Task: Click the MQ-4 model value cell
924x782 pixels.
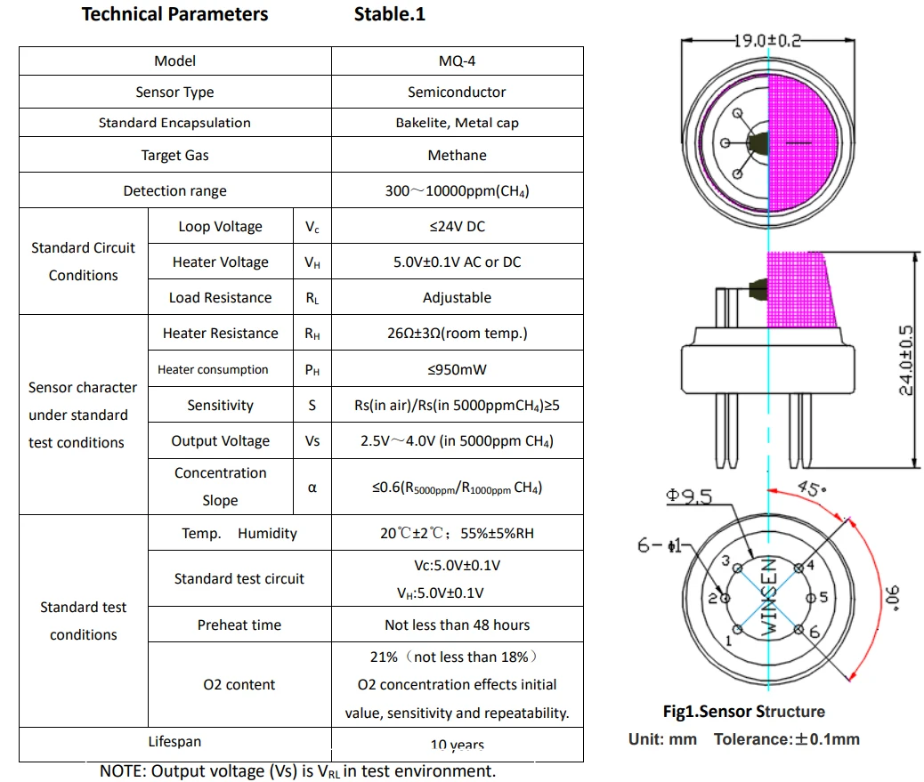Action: (457, 61)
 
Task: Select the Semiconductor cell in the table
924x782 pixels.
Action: (457, 93)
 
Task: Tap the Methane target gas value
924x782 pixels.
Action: (457, 155)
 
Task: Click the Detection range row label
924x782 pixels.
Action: (174, 191)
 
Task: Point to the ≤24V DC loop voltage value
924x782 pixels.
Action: (457, 227)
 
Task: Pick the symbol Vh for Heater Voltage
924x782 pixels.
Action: (312, 262)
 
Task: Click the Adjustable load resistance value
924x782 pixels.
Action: (457, 298)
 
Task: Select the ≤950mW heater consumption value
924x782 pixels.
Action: (457, 369)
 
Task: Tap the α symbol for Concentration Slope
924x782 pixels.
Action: (312, 488)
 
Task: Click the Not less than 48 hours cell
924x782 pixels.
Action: (457, 625)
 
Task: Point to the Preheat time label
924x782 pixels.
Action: (239, 625)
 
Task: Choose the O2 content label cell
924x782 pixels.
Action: (239, 685)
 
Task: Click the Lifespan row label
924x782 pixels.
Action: (174, 742)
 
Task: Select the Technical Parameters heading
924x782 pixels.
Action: (174, 14)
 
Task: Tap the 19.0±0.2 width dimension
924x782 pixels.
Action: (766, 41)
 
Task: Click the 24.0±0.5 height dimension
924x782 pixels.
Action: (906, 359)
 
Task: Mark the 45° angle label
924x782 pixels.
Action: (812, 488)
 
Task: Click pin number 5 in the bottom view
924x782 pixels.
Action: (824, 598)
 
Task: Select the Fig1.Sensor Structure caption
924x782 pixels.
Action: (743, 712)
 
